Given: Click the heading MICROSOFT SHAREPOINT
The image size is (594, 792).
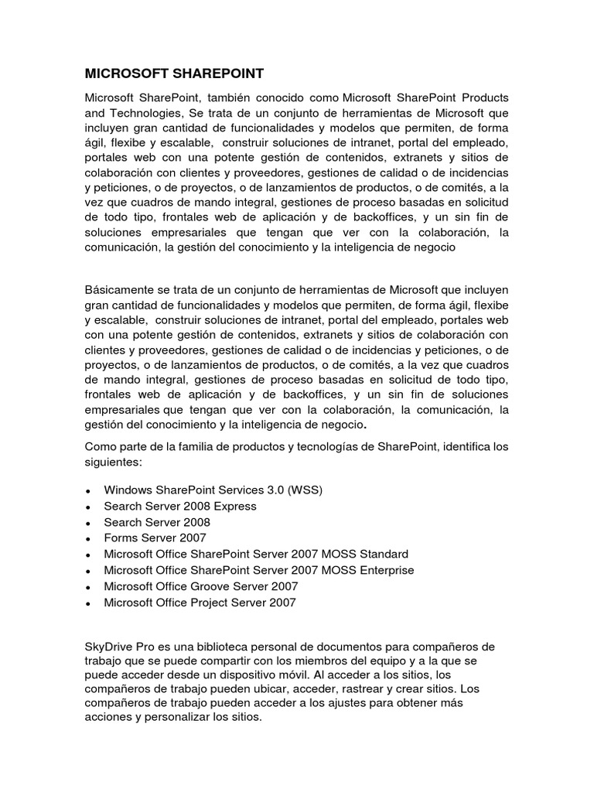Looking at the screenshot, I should click(x=174, y=73).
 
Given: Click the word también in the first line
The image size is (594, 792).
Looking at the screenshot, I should click(x=210, y=98).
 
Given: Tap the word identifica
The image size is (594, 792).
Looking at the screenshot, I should click(x=449, y=446).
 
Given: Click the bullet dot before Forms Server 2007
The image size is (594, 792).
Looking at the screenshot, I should click(x=90, y=539).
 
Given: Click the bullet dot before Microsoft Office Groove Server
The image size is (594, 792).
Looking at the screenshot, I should click(x=90, y=587).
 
